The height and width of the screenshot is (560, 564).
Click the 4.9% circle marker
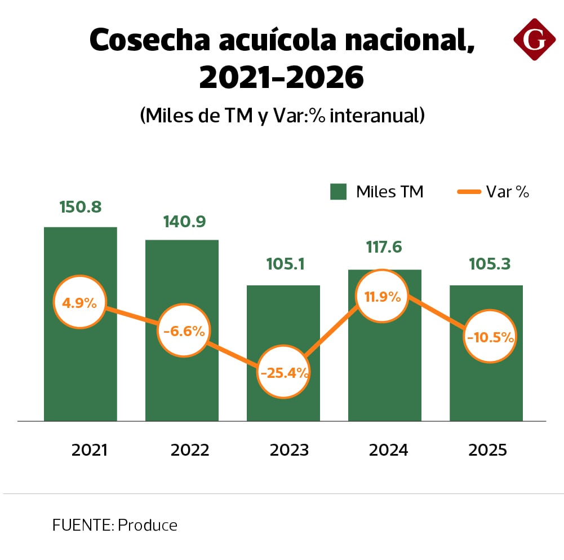tap(79, 302)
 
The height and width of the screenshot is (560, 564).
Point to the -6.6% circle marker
tap(184, 331)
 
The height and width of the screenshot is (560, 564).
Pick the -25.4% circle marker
tap(283, 372)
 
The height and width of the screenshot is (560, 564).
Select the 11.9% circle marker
tap(382, 297)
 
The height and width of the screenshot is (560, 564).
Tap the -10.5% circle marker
tap(490, 337)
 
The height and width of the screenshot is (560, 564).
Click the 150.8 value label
tap(81, 207)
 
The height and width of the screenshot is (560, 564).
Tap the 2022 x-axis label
tap(190, 450)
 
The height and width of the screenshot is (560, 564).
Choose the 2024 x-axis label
tap(388, 450)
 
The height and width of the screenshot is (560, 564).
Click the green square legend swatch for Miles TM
tap(337, 192)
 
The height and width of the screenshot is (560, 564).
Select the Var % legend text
tap(507, 192)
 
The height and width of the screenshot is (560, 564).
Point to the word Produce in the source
tap(148, 526)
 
